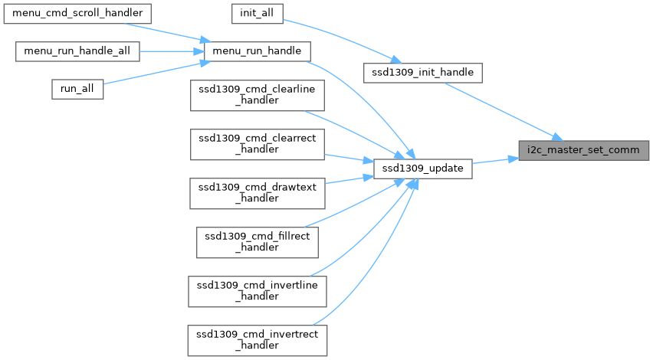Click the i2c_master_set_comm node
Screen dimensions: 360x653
click(583, 151)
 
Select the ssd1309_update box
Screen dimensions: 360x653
click(422, 168)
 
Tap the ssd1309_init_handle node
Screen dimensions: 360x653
click(423, 73)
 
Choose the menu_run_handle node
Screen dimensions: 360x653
click(258, 51)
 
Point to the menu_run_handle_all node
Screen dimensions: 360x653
click(78, 51)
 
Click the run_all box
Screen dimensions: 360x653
click(77, 88)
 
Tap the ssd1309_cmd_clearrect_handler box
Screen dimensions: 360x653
click(258, 143)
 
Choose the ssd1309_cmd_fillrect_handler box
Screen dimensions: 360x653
click(258, 241)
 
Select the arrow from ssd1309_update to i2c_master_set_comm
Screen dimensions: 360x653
click(495, 160)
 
